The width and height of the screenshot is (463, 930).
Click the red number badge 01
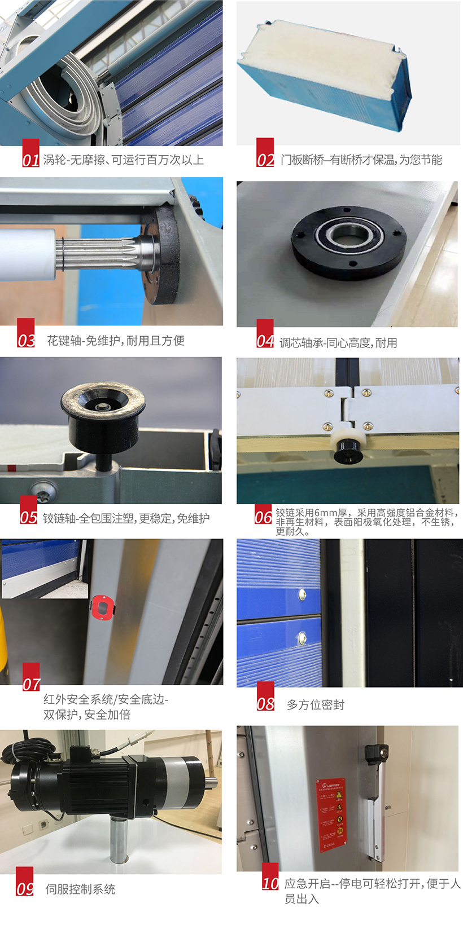click(x=30, y=153)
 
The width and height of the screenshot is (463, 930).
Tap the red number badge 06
click(x=263, y=515)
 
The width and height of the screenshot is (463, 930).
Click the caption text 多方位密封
click(x=315, y=704)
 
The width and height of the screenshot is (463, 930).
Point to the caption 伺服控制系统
click(x=80, y=889)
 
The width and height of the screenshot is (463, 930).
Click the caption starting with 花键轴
click(x=115, y=340)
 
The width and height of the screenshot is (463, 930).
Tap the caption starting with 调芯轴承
click(x=338, y=342)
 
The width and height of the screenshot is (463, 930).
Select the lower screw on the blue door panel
click(x=302, y=637)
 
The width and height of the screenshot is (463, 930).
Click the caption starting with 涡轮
click(x=123, y=160)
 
